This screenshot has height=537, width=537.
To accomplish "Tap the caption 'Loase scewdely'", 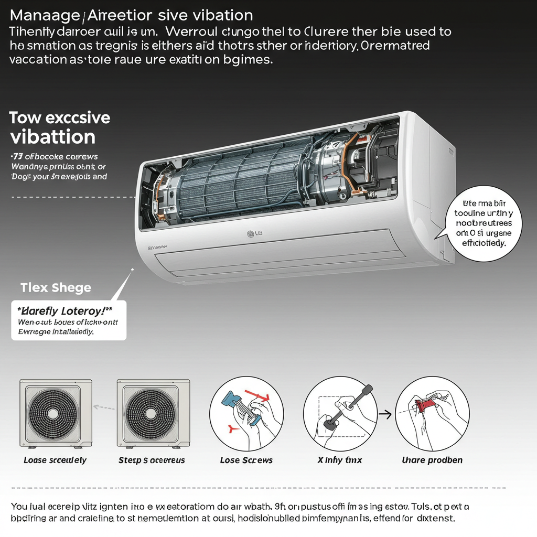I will [x=55, y=460].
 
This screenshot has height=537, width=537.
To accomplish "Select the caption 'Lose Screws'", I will [x=246, y=460].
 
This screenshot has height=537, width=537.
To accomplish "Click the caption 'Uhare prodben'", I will [x=432, y=460].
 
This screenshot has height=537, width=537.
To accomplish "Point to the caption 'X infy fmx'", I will [x=340, y=460].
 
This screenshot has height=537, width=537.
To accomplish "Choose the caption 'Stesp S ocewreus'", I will [x=152, y=460].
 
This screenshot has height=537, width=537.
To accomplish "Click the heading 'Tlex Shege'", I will [x=56, y=287].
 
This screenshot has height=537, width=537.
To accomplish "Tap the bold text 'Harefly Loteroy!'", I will [x=69, y=309].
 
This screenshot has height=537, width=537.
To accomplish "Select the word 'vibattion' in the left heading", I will [x=52, y=137].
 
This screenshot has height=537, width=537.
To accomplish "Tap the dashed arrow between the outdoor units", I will [x=104, y=406].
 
